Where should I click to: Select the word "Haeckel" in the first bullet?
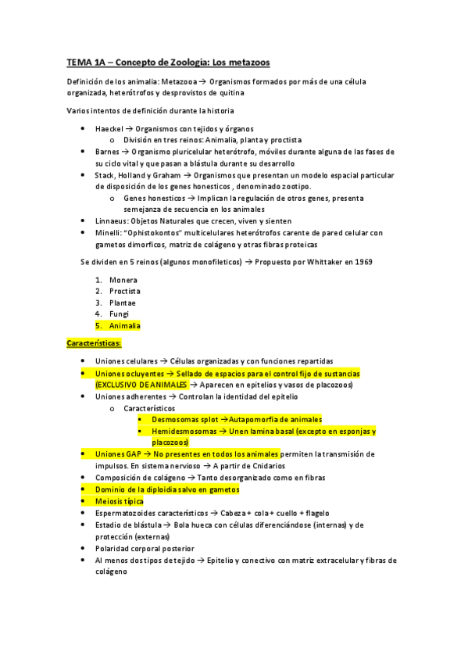tap(111, 128)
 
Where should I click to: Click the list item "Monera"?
tap(123, 280)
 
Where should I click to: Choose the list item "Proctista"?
tap(125, 291)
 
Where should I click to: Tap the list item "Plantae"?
tap(123, 303)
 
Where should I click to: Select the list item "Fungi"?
tap(120, 314)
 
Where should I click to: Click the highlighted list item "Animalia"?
tap(124, 325)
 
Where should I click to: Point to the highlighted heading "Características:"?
tap(93, 343)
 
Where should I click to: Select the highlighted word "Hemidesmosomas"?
tap(184, 431)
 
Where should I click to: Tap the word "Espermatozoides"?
tap(129, 512)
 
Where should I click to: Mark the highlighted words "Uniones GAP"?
tap(117, 453)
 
